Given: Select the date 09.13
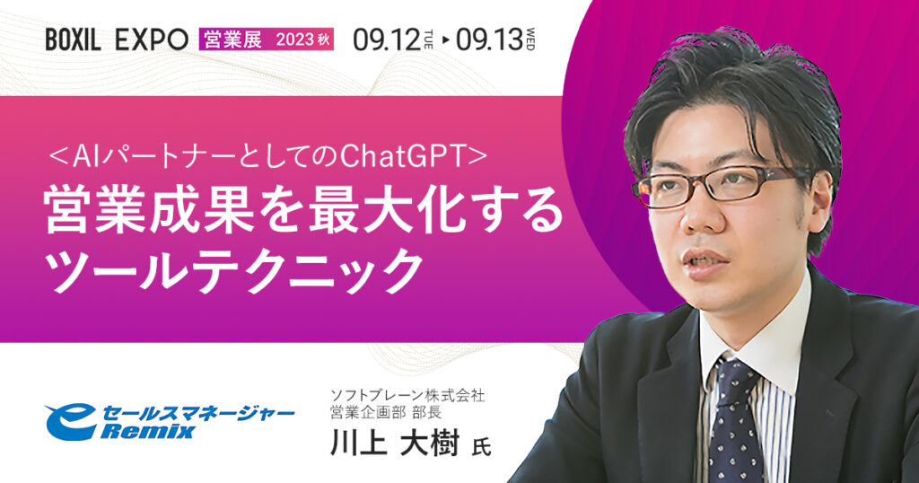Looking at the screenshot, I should [488, 39].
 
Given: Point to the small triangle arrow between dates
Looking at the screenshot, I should [447, 40].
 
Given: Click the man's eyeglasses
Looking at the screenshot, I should [709, 187].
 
